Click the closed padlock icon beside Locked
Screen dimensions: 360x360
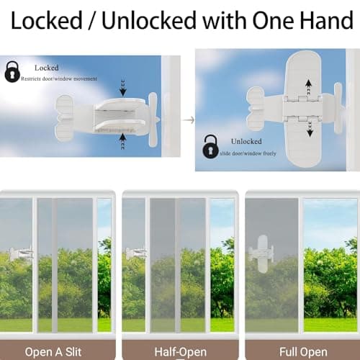(x=13, y=71)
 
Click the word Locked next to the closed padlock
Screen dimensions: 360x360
(x=45, y=68)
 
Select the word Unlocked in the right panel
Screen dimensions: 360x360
(x=247, y=141)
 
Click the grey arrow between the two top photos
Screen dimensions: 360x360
(x=186, y=101)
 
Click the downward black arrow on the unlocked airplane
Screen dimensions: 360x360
(x=310, y=129)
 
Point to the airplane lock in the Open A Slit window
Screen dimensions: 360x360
(x=20, y=253)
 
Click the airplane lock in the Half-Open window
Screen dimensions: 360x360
(x=135, y=253)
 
